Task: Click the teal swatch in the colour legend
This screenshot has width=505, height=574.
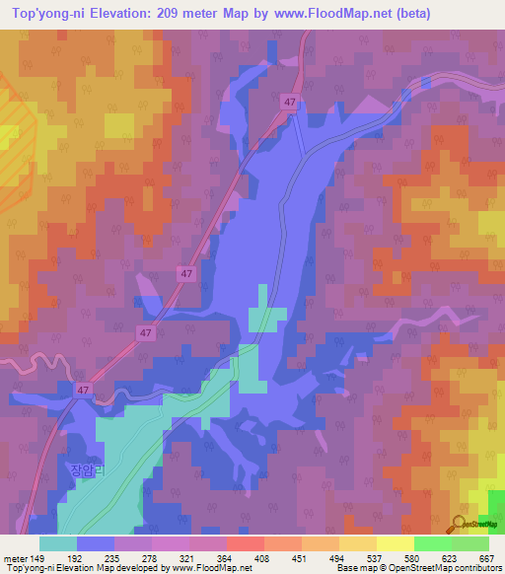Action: tap(58, 543)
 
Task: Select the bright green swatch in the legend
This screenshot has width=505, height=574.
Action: tap(432, 543)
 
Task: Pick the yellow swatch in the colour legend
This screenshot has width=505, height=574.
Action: tap(395, 543)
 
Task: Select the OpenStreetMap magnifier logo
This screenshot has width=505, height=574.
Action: tap(461, 524)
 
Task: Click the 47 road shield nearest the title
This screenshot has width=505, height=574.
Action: tap(289, 102)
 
